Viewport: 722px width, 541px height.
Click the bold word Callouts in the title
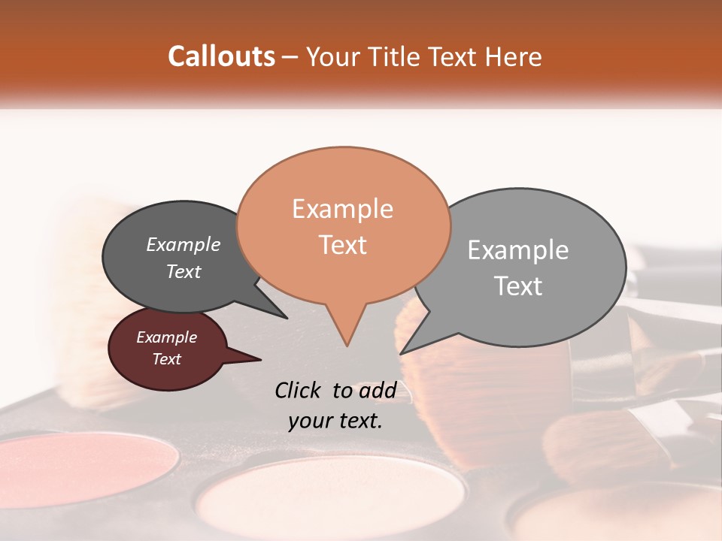point(221,56)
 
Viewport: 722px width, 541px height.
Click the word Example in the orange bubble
point(342,209)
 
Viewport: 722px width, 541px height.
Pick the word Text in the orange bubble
point(342,244)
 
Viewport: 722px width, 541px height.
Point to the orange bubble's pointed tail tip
point(347,346)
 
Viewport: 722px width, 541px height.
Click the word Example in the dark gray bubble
point(183,245)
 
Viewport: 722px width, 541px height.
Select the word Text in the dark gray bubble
point(183,271)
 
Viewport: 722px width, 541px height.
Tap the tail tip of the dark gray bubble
point(287,318)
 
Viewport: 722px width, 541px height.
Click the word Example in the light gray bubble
point(517,250)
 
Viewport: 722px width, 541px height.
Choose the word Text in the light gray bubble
point(517,286)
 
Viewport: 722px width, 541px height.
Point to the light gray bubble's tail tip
point(401,353)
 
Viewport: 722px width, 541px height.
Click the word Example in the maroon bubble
point(166,337)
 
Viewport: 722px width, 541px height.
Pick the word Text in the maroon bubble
point(166,359)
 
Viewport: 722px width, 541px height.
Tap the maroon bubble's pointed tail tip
point(261,358)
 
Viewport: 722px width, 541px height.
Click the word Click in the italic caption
point(299,390)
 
